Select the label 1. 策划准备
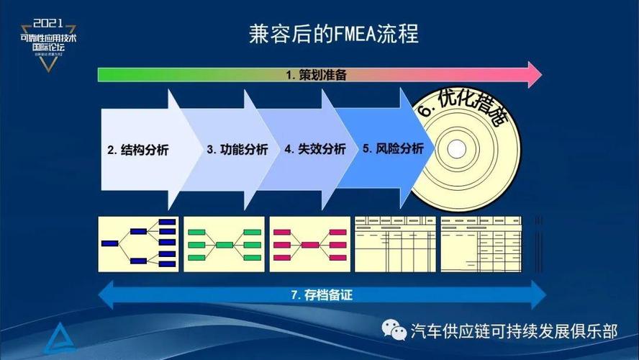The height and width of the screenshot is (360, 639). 317,75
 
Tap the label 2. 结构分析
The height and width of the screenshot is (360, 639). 138,150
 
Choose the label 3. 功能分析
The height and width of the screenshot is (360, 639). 237,150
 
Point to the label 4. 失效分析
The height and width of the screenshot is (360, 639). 314,150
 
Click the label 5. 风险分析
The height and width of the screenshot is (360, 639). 393,149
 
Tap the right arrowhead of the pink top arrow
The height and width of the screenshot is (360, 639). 534,75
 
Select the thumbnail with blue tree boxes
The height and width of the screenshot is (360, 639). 140,243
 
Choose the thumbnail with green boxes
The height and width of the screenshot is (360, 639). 225,243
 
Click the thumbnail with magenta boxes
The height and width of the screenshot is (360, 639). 310,243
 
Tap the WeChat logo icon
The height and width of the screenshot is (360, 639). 394,330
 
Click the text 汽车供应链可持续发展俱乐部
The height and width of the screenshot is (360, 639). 514,331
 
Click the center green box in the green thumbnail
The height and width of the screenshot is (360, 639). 225,245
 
